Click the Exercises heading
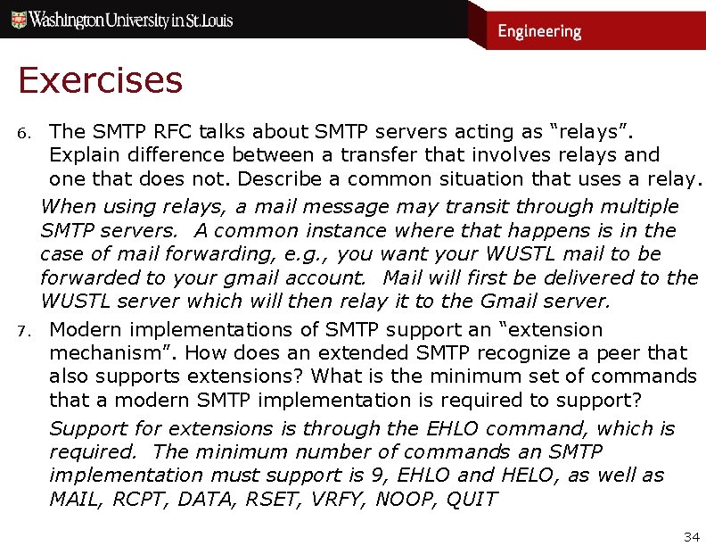(100, 81)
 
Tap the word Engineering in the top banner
(539, 32)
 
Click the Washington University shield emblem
(17, 20)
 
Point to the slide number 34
(691, 536)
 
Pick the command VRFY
(334, 499)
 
